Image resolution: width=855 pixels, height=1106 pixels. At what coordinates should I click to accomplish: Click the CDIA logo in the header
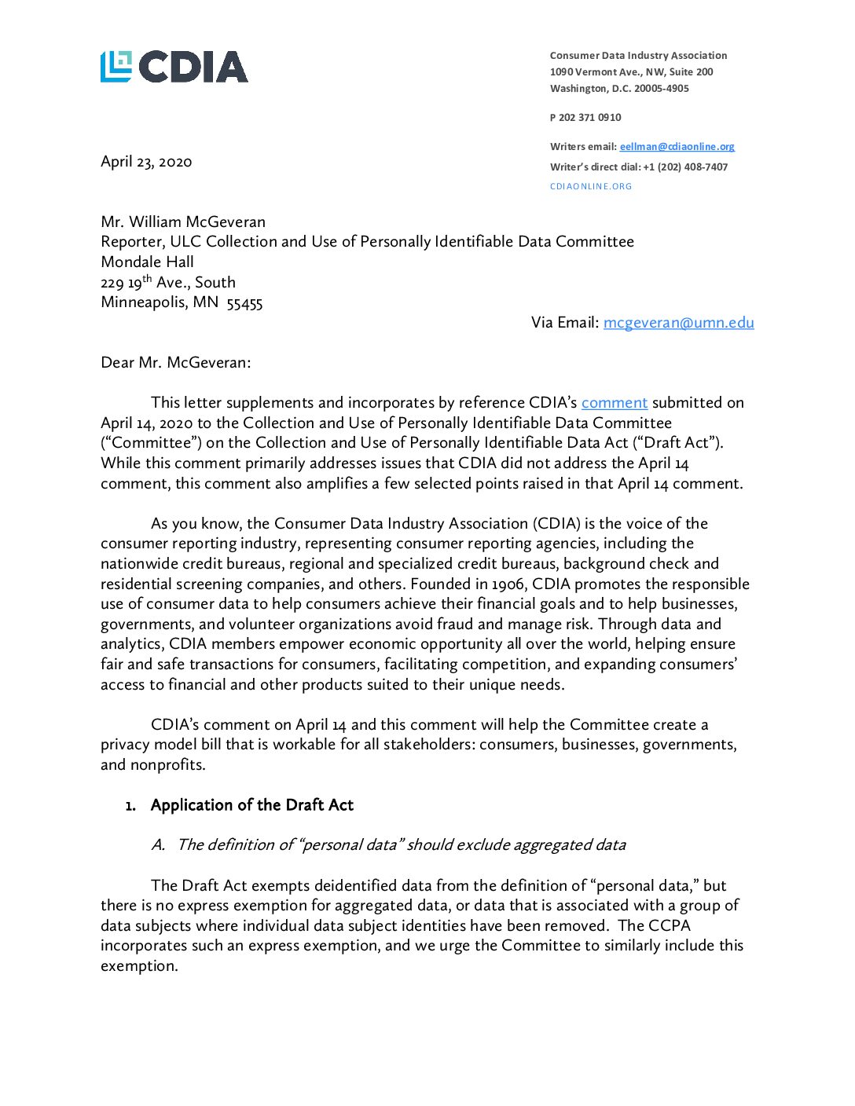click(x=174, y=67)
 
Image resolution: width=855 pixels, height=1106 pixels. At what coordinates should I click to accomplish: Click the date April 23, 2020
click(x=146, y=162)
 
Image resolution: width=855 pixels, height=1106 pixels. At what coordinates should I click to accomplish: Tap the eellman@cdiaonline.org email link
click(x=677, y=147)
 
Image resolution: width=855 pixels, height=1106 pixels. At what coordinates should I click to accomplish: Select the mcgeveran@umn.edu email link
click(x=678, y=323)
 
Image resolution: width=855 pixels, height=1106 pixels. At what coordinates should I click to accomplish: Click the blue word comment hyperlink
click(x=614, y=403)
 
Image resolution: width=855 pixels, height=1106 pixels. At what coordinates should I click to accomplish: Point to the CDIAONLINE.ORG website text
click(x=591, y=187)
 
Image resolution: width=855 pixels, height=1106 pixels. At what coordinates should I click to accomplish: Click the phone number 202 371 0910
click(x=589, y=118)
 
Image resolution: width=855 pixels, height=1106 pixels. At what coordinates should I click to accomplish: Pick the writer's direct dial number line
click(x=638, y=167)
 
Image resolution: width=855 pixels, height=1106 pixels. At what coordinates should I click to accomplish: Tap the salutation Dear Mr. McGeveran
click(x=176, y=363)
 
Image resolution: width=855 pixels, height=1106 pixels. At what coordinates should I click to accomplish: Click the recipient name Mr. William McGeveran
click(x=183, y=222)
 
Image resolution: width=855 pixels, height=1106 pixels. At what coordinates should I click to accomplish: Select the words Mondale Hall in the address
click(x=147, y=262)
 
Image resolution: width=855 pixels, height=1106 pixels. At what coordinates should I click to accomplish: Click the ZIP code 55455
click(x=244, y=303)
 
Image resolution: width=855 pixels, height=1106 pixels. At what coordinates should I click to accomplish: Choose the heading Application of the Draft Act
click(x=251, y=805)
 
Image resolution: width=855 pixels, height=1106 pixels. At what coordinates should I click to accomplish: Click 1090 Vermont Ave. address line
click(x=631, y=72)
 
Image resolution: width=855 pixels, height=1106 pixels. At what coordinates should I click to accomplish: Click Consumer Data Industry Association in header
click(x=638, y=56)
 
